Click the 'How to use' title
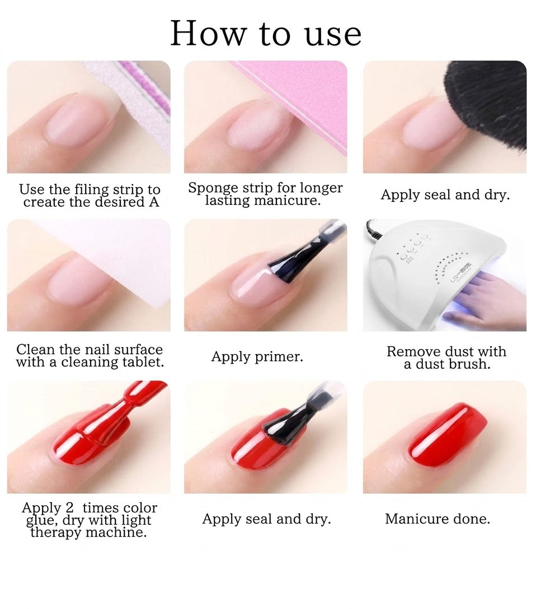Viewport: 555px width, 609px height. [x=266, y=34]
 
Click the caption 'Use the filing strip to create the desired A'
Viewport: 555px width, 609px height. [x=90, y=196]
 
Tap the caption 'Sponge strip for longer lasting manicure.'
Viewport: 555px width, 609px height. [x=265, y=194]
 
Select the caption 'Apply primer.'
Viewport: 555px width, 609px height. [x=257, y=356]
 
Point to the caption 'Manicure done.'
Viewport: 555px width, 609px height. [x=438, y=519]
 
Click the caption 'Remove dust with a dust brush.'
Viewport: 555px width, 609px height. [x=446, y=357]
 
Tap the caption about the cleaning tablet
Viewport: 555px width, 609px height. [x=90, y=356]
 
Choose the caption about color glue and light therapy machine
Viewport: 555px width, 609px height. [x=89, y=520]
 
